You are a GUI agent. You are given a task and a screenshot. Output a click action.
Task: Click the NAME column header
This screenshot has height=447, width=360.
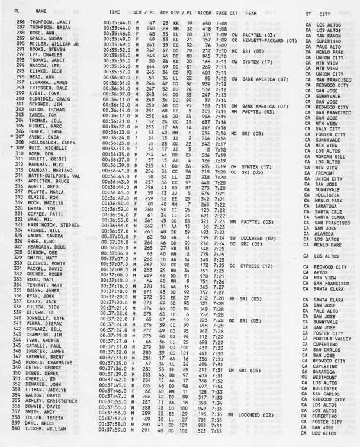(x=41, y=11)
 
